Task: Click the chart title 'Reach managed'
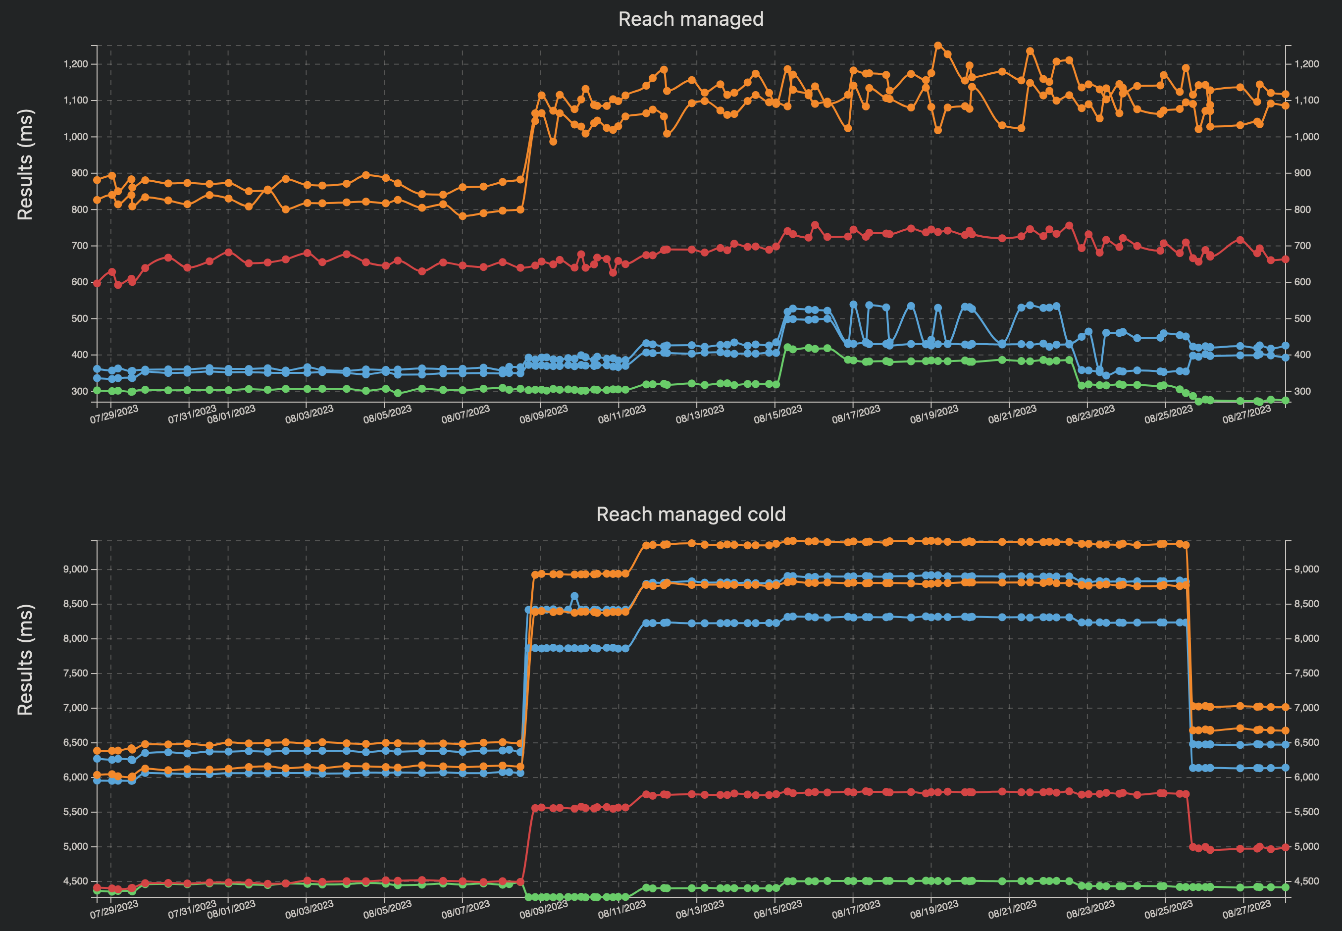pos(690,19)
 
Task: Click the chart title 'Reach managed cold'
pos(690,514)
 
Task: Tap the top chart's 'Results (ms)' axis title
pos(25,164)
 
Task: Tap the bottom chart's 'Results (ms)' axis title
pos(25,659)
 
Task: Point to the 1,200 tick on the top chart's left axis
pos(75,64)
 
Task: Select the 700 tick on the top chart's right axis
pos(1302,246)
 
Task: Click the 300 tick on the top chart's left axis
pos(79,391)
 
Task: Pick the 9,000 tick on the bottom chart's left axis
pos(75,569)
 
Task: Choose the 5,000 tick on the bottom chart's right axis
pos(1306,846)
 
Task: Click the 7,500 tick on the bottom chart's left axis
pos(75,673)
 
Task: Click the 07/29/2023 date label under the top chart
pos(114,414)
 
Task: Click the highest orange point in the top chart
pos(938,46)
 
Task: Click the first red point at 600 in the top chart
pos(97,283)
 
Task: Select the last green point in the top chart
pos(1285,400)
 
